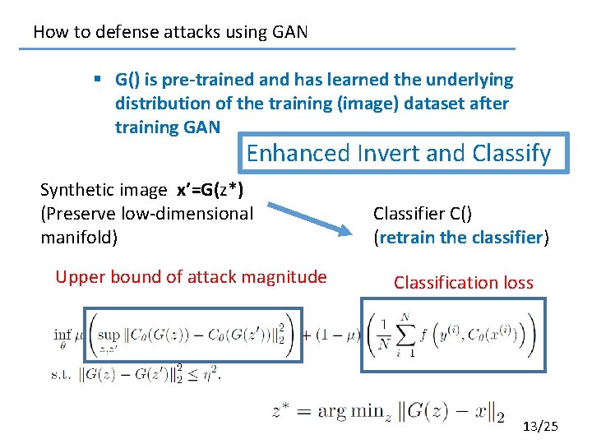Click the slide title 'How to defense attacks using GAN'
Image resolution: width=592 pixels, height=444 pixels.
170,32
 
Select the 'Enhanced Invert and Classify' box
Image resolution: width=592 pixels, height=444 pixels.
399,153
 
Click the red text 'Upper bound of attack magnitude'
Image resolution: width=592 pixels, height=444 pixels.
191,277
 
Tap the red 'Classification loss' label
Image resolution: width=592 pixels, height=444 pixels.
463,283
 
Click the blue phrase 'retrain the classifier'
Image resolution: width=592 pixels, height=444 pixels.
460,238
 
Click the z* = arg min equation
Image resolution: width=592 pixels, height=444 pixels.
387,411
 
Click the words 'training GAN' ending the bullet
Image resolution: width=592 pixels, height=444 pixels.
168,127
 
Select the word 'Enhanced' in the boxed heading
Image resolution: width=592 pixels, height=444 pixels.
286,153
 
